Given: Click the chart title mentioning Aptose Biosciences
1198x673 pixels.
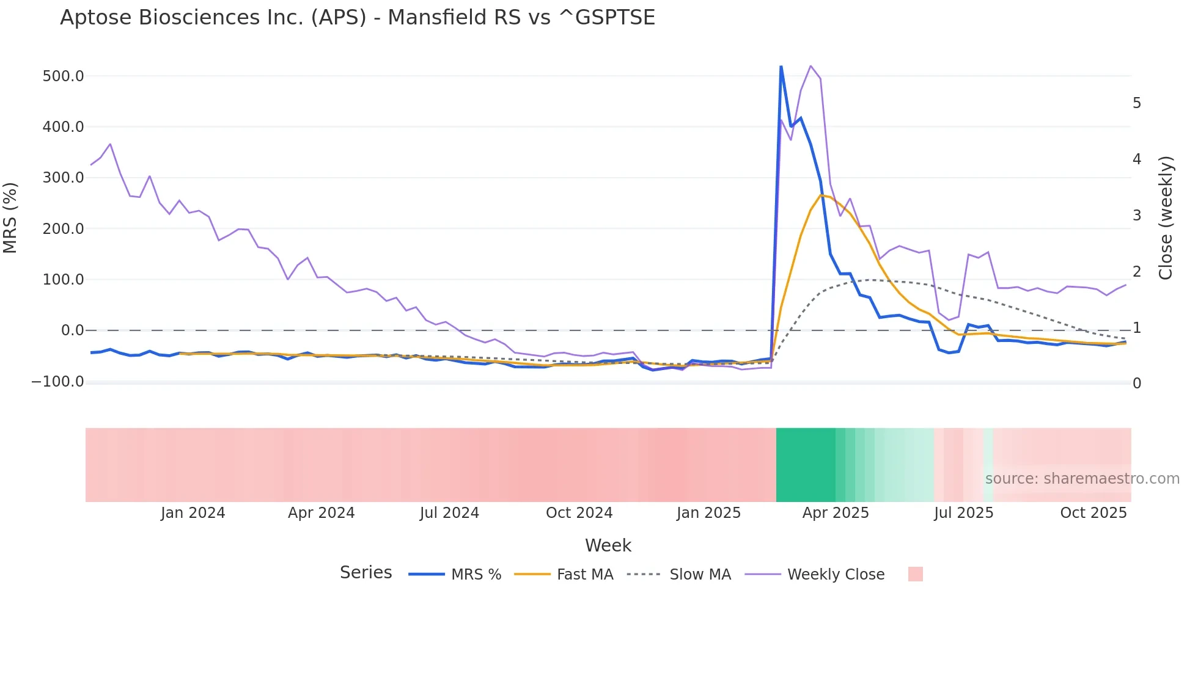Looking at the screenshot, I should [x=358, y=18].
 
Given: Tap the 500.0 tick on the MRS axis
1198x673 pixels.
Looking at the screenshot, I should [x=64, y=76].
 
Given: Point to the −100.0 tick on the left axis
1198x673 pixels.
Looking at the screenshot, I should [x=58, y=382].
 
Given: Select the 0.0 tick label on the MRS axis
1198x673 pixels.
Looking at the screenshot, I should [x=73, y=330].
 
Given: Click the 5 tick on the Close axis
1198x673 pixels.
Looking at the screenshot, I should [x=1137, y=103].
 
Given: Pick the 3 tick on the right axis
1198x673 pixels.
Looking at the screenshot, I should [x=1137, y=216].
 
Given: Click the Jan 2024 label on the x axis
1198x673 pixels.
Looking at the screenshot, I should [x=193, y=513].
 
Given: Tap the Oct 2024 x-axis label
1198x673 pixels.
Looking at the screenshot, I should [x=579, y=513].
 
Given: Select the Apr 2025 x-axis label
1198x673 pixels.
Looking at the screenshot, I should [x=836, y=513].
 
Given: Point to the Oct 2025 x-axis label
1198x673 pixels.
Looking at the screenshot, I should [x=1093, y=513].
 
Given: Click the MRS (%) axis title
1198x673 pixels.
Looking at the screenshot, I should [x=10, y=217].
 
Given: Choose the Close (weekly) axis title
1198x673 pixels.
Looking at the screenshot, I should [x=1166, y=218].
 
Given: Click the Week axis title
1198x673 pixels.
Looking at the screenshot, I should [x=608, y=545].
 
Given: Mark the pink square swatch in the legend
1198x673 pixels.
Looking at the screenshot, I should [x=916, y=574].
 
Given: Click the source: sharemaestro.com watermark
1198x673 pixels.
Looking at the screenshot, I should [x=1082, y=479].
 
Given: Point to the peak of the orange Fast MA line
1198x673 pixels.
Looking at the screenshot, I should [x=821, y=195].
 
